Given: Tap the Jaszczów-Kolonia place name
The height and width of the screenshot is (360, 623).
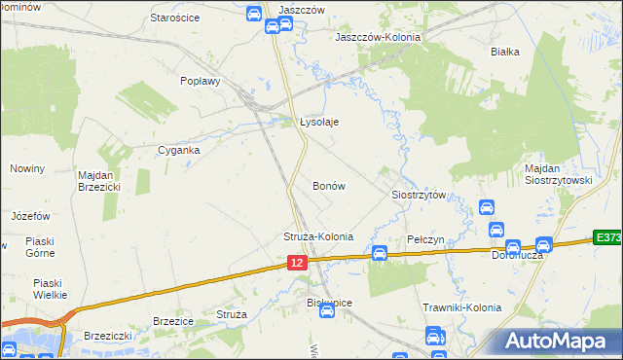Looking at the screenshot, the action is (x=378, y=37).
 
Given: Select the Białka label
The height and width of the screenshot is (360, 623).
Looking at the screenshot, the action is (x=505, y=52).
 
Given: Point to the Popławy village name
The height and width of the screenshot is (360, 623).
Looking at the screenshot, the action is (x=201, y=82).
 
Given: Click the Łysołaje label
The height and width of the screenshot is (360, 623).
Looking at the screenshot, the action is (x=319, y=122).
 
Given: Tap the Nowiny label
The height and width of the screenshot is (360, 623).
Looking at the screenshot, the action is (x=27, y=168).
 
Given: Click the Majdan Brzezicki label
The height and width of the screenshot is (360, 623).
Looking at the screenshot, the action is (x=98, y=181).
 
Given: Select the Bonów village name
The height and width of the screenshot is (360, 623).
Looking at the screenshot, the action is (x=328, y=185).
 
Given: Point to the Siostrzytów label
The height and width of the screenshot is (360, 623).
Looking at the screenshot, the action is (x=419, y=195).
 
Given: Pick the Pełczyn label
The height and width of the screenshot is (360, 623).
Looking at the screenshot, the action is (x=424, y=239).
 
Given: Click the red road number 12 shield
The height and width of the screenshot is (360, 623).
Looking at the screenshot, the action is (x=298, y=263).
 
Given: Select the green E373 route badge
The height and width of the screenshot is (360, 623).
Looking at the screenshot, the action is (x=607, y=237).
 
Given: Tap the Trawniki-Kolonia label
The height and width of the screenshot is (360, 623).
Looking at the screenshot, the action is (x=461, y=307).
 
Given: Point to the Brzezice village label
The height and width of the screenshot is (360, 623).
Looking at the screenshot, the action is (x=173, y=319).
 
